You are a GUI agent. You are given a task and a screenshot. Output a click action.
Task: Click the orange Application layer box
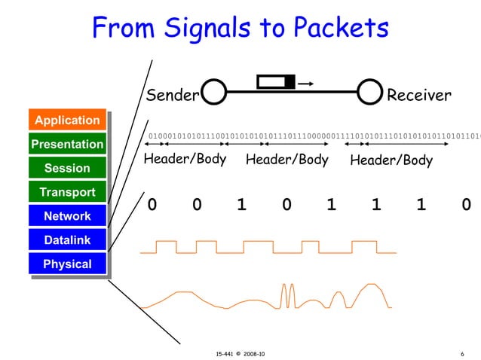click(x=67, y=121)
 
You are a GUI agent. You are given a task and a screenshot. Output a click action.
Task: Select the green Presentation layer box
click(x=67, y=144)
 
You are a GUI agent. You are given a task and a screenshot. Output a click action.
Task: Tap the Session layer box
click(x=67, y=168)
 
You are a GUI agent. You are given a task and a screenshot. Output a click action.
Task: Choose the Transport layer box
click(x=67, y=192)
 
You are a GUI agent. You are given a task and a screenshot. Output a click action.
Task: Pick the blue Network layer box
click(x=67, y=216)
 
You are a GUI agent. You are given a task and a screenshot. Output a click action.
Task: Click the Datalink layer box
click(x=67, y=240)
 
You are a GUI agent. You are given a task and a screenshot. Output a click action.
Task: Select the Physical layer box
click(x=67, y=264)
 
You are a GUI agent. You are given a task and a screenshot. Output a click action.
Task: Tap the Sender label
click(x=171, y=96)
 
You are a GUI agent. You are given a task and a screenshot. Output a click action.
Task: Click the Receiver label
click(x=418, y=96)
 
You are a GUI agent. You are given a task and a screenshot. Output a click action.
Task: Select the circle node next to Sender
click(x=215, y=93)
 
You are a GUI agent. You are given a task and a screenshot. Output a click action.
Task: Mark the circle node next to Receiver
click(x=369, y=93)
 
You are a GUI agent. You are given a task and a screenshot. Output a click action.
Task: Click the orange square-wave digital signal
click(x=268, y=248)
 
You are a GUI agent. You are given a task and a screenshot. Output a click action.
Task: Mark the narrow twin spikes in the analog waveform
click(x=287, y=297)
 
